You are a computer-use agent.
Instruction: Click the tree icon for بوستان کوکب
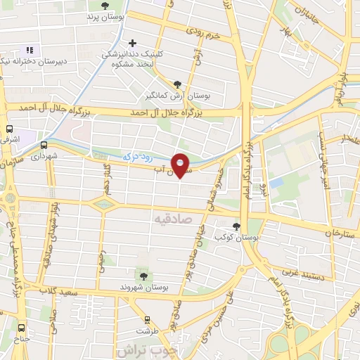[x=236, y=227]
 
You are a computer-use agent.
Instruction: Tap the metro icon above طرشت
[x=147, y=318]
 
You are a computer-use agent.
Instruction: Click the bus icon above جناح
[x=21, y=327]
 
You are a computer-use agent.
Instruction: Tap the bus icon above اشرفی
[x=9, y=129]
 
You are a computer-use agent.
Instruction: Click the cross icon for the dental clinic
[x=131, y=43]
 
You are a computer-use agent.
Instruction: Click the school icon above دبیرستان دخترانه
[x=29, y=50]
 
